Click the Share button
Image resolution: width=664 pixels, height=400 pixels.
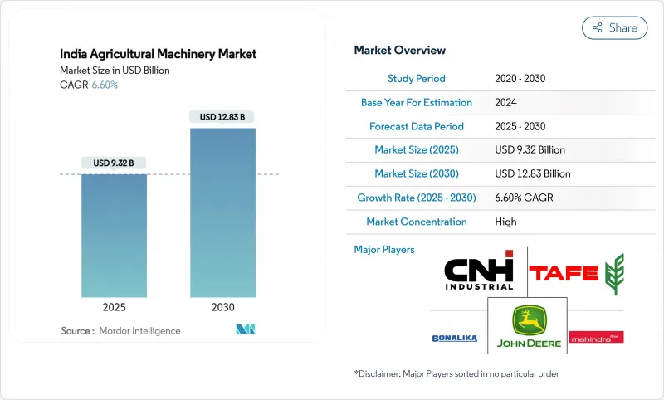[x=614, y=27]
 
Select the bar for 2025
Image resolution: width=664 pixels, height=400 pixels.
[x=115, y=236]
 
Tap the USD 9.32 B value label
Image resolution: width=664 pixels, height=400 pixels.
[x=115, y=162]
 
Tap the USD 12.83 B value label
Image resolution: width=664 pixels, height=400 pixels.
[x=222, y=117]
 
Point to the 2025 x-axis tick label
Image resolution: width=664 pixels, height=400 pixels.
[x=115, y=306]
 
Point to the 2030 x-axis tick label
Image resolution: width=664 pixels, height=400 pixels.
[x=222, y=306]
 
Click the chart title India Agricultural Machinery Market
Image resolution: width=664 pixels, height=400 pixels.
[x=158, y=54]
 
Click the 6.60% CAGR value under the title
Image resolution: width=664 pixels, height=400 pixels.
[x=104, y=85]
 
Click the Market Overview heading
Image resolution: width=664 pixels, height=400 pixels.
[x=399, y=50]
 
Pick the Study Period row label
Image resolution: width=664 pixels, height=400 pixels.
[x=416, y=79]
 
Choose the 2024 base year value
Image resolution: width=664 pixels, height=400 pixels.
[x=506, y=103]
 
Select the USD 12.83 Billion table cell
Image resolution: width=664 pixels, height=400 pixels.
[x=532, y=174]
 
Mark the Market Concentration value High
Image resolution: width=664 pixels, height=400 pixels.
[x=505, y=222]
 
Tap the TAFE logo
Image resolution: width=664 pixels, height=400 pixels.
[x=576, y=273]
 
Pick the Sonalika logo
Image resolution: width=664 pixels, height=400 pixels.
[x=454, y=338]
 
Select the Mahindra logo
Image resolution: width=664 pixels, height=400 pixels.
[x=596, y=337]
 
